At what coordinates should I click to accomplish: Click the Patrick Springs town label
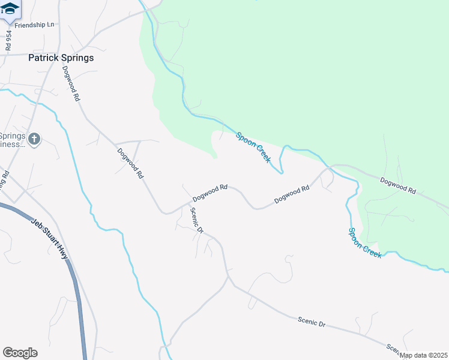(x=61, y=58)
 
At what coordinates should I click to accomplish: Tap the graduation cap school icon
(x=10, y=9)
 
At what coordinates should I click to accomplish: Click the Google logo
(x=20, y=353)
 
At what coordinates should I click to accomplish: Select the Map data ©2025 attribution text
(x=424, y=355)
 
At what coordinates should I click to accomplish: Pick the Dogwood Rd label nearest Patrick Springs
(x=71, y=83)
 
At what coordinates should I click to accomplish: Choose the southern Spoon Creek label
(x=365, y=242)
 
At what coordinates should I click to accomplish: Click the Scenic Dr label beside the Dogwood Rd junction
(x=197, y=220)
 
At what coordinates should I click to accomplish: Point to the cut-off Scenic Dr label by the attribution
(x=393, y=349)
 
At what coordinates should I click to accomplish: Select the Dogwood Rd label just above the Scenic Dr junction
(x=209, y=193)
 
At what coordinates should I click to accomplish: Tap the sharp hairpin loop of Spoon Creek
(x=280, y=172)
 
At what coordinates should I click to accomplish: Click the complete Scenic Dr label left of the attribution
(x=312, y=322)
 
